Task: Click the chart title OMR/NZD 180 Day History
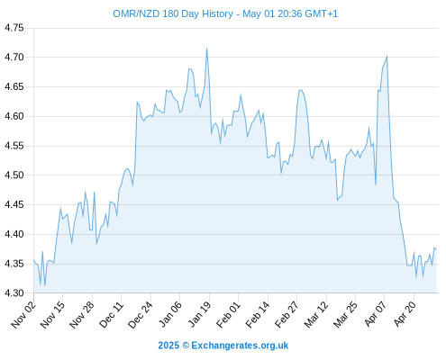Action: pos(173,13)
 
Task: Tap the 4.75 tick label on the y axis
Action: pos(14,28)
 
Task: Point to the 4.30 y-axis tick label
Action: pos(14,293)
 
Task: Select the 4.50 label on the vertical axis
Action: pos(14,175)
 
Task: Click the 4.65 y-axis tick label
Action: pos(14,87)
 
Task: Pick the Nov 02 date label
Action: pos(23,315)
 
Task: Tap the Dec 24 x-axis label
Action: pos(141,315)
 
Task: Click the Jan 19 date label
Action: pos(199,315)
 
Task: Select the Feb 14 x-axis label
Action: pos(258,315)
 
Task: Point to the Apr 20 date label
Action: pos(405,314)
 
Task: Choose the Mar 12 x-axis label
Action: pos(316,315)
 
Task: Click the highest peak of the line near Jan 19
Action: pos(206,49)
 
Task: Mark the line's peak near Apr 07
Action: pos(387,57)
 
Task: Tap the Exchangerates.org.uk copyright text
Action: pos(240,346)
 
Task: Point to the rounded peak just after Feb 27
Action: pos(300,90)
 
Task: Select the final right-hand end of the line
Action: pos(436,249)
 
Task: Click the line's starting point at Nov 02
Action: pos(33,260)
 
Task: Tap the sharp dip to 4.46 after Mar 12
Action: pos(338,200)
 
